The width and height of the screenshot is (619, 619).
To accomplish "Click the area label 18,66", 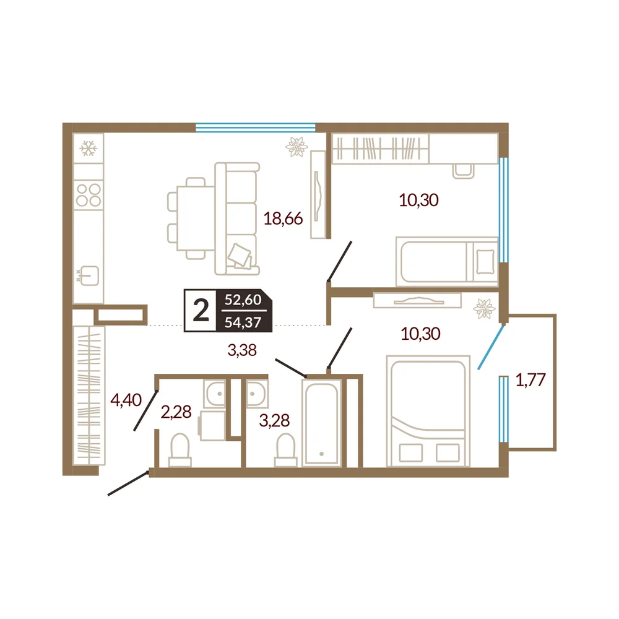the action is tap(283, 219).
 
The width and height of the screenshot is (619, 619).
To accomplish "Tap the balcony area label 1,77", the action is tap(530, 379).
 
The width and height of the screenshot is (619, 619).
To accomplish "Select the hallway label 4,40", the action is tap(126, 400).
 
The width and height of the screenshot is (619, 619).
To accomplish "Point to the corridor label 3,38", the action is tap(242, 350).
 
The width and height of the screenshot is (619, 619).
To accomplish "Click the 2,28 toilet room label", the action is tap(176, 412).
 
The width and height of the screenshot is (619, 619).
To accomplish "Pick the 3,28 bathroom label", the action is tap(274, 420).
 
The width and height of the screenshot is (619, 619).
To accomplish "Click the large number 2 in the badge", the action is tap(201, 310).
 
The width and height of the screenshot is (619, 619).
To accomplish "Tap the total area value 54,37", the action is tap(243, 322).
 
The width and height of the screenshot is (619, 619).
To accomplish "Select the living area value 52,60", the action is tap(243, 300).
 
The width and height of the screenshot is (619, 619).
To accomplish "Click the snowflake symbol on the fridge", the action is tap(88, 149).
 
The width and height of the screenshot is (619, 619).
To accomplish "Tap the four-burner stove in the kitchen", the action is tap(89, 195).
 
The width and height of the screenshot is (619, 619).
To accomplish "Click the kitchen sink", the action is tap(89, 275).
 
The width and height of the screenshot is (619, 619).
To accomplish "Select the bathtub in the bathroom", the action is tap(321, 423).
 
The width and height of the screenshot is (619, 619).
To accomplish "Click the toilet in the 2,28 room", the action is tap(180, 451).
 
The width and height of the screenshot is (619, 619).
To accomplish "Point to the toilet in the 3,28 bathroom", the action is tap(286, 451).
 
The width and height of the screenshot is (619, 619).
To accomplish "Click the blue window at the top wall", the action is tap(256, 127).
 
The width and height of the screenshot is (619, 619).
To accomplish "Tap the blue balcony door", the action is tap(491, 347).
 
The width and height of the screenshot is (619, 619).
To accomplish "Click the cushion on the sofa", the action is tap(240, 254).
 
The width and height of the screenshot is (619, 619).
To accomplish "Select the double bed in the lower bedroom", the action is tap(428, 411).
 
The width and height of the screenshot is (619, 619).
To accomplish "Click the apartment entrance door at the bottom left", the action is tap(128, 483).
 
